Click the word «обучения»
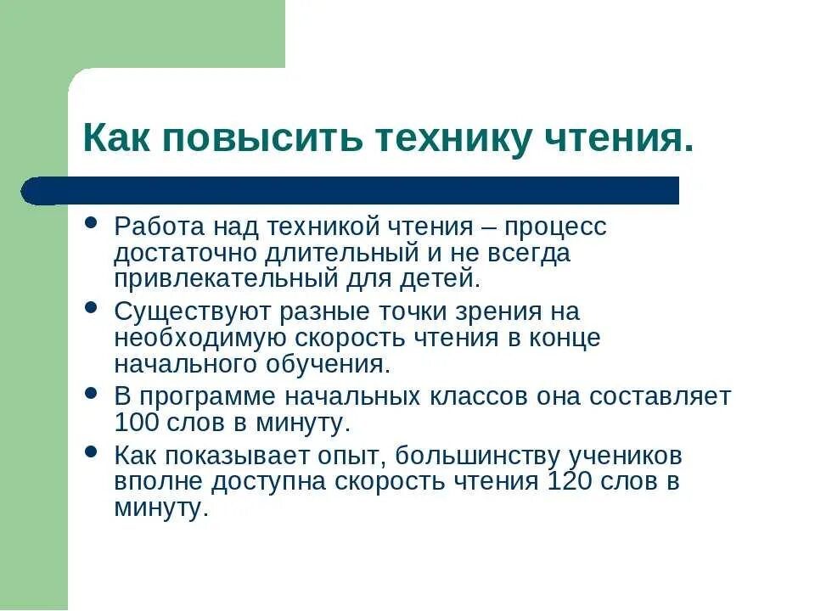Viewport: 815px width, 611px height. (338, 364)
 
